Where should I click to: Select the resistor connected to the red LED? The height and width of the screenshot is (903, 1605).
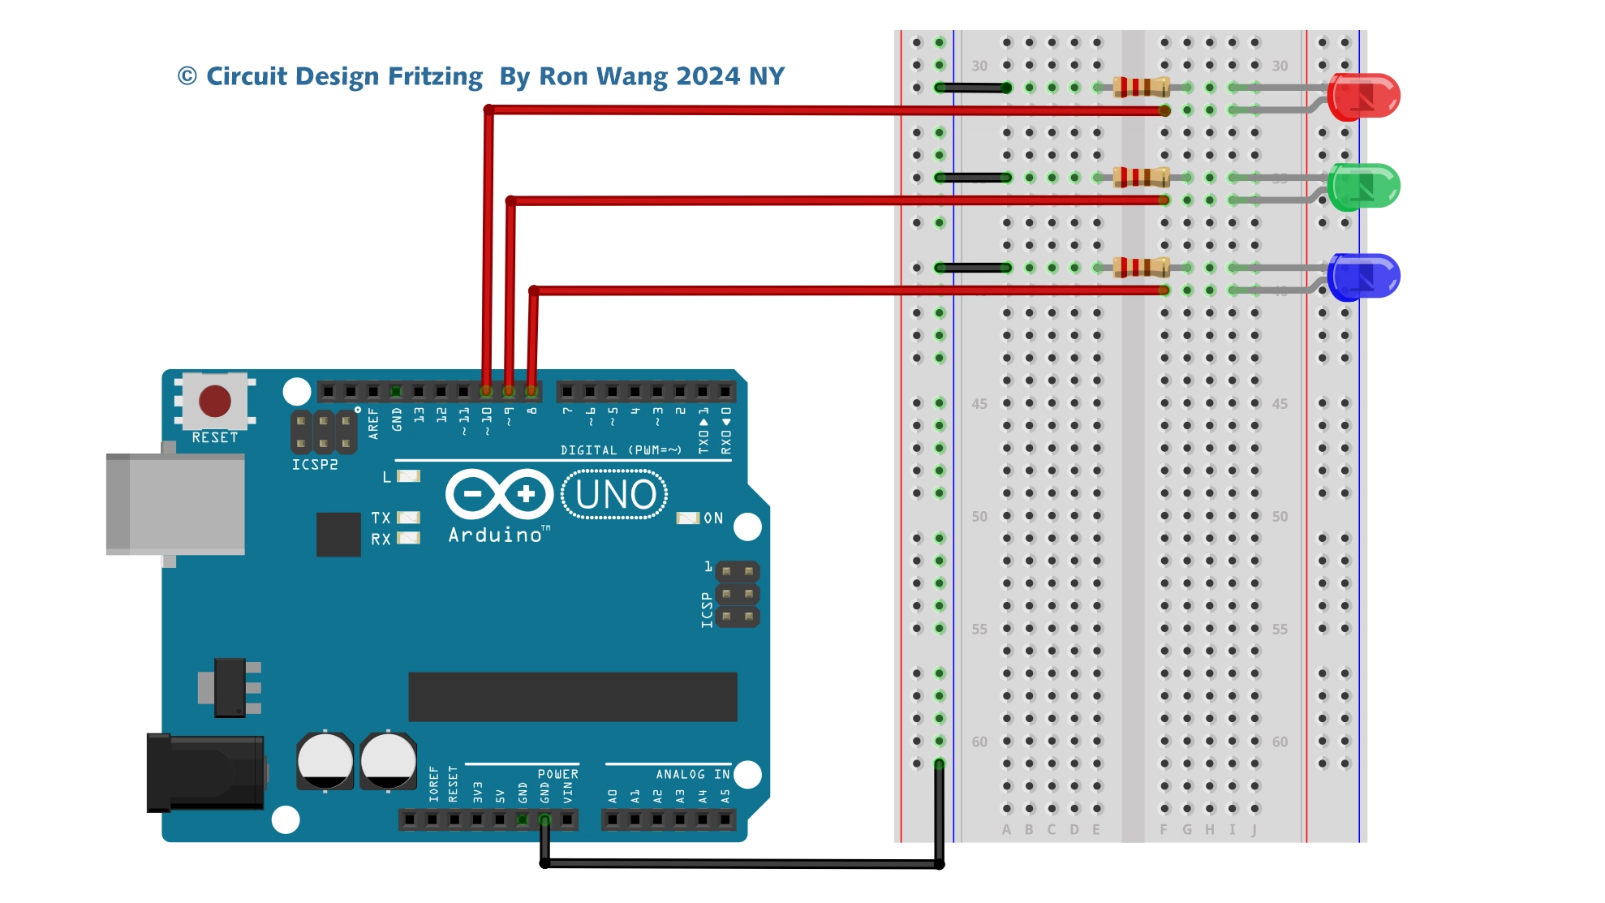pyautogui.click(x=1141, y=87)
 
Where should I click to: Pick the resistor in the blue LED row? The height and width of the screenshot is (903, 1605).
pyautogui.click(x=1141, y=267)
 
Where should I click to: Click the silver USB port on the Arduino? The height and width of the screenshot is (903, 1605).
pyautogui.click(x=176, y=504)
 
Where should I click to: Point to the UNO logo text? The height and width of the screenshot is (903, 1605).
pyautogui.click(x=615, y=494)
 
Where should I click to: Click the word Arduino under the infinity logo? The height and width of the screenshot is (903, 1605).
pyautogui.click(x=495, y=535)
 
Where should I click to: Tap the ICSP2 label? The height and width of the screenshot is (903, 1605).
pyautogui.click(x=315, y=465)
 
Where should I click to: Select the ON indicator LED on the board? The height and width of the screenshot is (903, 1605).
pyautogui.click(x=687, y=518)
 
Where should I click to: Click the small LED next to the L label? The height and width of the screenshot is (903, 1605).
pyautogui.click(x=408, y=476)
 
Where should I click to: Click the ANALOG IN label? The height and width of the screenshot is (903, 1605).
pyautogui.click(x=692, y=774)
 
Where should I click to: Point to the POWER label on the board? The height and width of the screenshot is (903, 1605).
pyautogui.click(x=558, y=774)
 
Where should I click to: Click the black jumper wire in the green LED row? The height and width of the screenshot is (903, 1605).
pyautogui.click(x=973, y=177)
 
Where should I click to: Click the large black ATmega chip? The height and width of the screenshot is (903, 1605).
pyautogui.click(x=573, y=696)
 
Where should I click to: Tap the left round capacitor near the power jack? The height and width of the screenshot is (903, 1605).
pyautogui.click(x=325, y=761)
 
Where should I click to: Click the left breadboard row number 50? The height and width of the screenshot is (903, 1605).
pyautogui.click(x=979, y=516)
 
